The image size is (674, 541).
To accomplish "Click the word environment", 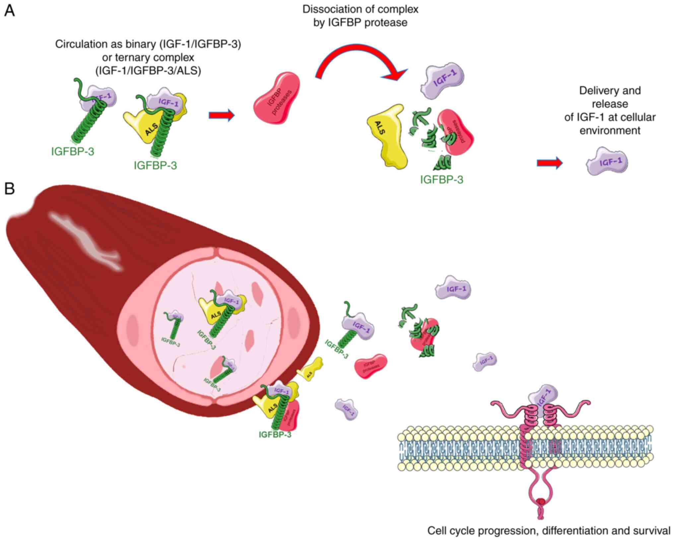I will (610, 130).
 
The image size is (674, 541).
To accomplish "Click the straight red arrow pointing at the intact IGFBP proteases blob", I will (221, 115).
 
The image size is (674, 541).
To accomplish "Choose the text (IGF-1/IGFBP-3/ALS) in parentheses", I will (148, 71).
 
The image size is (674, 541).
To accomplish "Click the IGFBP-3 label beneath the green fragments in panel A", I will (441, 180).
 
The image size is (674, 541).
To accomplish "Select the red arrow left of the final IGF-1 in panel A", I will (550, 163).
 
